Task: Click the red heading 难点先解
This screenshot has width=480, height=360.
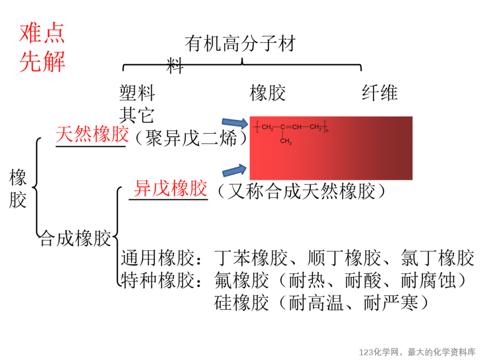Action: [x=42, y=47]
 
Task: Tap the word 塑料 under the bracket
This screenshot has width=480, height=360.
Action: [x=137, y=93]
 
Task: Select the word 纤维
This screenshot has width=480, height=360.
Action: [x=380, y=93]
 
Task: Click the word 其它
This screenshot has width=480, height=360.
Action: [x=137, y=115]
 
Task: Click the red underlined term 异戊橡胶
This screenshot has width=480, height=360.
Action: [x=171, y=188]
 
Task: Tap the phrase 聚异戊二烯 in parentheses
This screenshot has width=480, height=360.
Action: [x=191, y=138]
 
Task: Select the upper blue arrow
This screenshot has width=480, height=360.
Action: [x=235, y=123]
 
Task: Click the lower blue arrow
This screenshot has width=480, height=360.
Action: [x=235, y=170]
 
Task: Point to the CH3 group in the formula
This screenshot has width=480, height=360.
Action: [x=286, y=141]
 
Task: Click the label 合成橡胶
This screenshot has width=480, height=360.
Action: [x=75, y=238]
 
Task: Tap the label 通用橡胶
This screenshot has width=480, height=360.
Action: [x=158, y=258]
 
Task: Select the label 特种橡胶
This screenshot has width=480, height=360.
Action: [x=158, y=280]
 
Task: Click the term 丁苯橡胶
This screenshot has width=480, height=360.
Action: [x=251, y=258]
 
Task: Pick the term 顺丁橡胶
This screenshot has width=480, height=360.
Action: [x=345, y=258]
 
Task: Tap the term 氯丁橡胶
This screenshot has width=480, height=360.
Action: [x=438, y=258]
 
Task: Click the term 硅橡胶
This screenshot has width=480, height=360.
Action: [x=242, y=302]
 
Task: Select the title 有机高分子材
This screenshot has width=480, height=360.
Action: [x=241, y=43]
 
